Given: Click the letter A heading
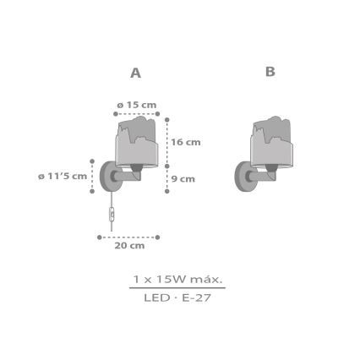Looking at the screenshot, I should pyautogui.click(x=135, y=73).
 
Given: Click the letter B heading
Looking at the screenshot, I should pyautogui.click(x=270, y=72).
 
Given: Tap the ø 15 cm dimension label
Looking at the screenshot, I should pyautogui.click(x=136, y=105).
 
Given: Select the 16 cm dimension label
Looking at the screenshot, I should pyautogui.click(x=186, y=142).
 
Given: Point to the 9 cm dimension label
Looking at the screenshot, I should pyautogui.click(x=183, y=178).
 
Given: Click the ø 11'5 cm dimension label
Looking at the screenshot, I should pyautogui.click(x=63, y=176).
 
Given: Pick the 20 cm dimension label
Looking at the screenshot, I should pyautogui.click(x=129, y=246).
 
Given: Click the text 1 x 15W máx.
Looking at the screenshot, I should pyautogui.click(x=177, y=278).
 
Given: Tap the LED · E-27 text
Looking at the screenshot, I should pyautogui.click(x=177, y=297).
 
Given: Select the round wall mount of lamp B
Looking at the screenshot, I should pyautogui.click(x=244, y=176).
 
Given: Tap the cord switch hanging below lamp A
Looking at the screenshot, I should pyautogui.click(x=111, y=215).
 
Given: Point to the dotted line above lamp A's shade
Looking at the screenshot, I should pyautogui.click(x=136, y=113).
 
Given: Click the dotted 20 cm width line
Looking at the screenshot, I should pyautogui.click(x=128, y=237).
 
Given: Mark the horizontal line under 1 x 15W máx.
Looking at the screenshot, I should pyautogui.click(x=177, y=288).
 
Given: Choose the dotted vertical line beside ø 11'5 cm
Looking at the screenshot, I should pyautogui.click(x=92, y=176).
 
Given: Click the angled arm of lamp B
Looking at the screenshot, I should pyautogui.click(x=262, y=176).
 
